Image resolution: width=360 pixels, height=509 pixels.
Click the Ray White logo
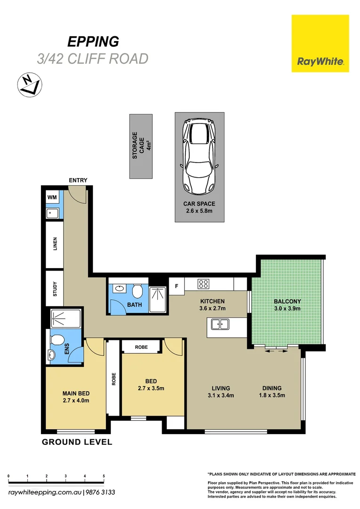tap(320, 43)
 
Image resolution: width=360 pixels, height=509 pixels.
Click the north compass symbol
tap(30, 85)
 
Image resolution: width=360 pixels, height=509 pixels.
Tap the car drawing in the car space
tap(199, 156)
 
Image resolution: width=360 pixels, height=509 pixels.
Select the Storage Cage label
tap(142, 145)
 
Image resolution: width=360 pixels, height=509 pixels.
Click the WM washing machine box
tap(52, 197)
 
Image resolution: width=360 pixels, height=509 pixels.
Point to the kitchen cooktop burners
tap(203, 284)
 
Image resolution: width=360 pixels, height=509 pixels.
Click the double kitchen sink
tap(220, 324)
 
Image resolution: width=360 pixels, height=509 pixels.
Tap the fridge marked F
tap(177, 286)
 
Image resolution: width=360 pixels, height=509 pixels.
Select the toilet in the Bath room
tap(137, 291)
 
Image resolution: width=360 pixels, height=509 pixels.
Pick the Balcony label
tap(287, 305)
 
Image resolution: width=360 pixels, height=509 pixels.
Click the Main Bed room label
tap(76, 397)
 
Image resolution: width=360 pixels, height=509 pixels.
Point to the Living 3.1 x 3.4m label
tap(221, 392)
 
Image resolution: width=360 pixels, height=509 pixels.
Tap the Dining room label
tap(272, 392)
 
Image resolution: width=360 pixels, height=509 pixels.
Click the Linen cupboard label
tap(55, 244)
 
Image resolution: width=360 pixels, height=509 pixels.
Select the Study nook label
tap(55, 289)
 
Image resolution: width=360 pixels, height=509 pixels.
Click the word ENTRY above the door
tap(78, 180)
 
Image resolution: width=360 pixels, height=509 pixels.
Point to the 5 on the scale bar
tap(104, 476)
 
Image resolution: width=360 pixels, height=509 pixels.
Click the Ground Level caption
tap(77, 442)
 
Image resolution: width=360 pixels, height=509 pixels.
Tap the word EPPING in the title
tap(93, 41)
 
